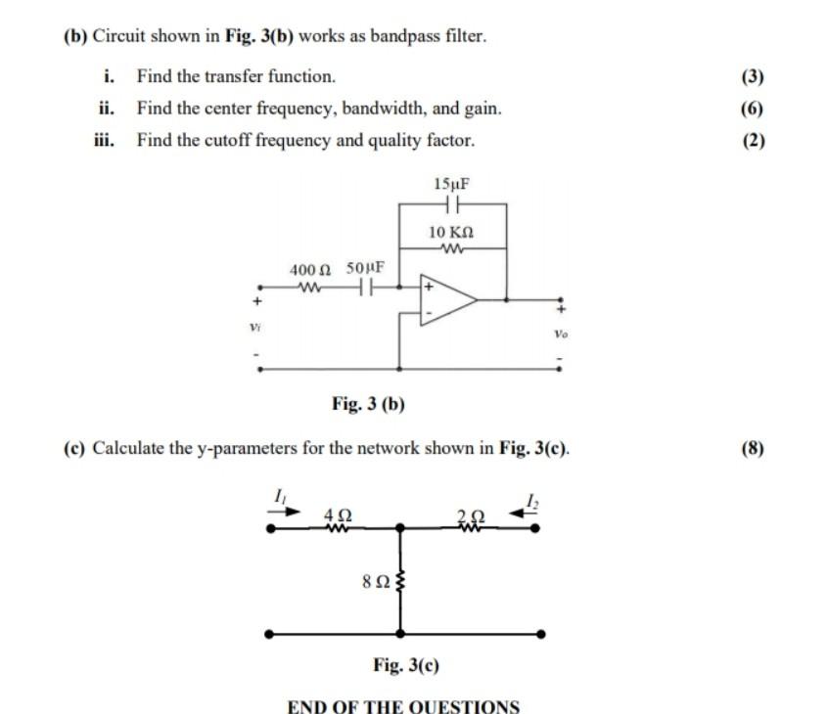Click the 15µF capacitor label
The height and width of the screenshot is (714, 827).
(x=450, y=184)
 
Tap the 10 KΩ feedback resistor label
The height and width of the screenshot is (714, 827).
(x=451, y=232)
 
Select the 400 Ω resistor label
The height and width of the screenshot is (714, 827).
(x=311, y=268)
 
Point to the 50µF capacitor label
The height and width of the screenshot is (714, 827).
(x=365, y=268)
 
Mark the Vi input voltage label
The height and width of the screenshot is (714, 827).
(x=254, y=326)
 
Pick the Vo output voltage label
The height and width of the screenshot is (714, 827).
(x=561, y=333)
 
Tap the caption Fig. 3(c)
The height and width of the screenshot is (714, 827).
(x=406, y=665)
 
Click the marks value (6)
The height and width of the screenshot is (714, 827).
(x=753, y=109)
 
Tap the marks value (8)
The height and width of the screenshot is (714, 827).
(x=753, y=449)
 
